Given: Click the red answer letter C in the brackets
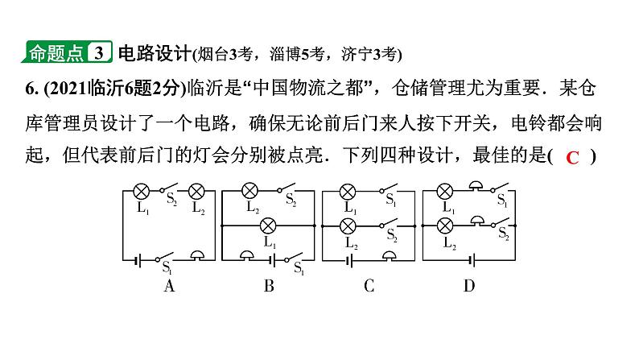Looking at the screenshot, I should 572,158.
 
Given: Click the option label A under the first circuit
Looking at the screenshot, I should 169,285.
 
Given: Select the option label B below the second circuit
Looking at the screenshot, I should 270,285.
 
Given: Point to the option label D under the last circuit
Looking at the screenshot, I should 469,285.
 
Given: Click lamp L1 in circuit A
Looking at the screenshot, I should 141,192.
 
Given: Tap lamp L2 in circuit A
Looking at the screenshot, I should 196,192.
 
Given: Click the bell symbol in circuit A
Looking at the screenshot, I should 197,255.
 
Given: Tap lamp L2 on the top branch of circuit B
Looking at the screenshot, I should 250,192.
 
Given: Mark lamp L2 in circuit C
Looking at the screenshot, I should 348,225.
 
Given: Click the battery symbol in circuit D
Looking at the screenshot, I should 469,259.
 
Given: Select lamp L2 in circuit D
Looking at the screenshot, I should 444,225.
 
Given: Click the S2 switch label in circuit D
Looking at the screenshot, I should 503,234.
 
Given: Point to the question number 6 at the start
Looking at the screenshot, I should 15,88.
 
